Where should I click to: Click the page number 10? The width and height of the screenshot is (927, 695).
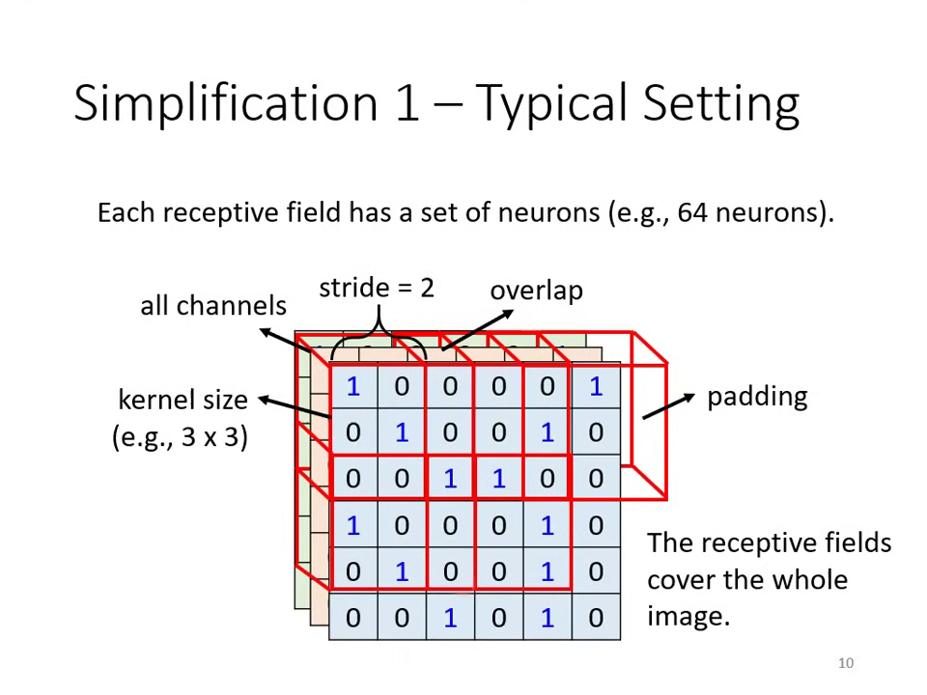pyautogui.click(x=846, y=663)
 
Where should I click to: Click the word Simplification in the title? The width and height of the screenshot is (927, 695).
pyautogui.click(x=226, y=102)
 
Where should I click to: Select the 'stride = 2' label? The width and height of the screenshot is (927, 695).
pyautogui.click(x=377, y=288)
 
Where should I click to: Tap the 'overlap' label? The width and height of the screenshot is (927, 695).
pyautogui.click(x=536, y=291)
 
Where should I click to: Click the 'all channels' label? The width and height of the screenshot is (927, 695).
pyautogui.click(x=213, y=306)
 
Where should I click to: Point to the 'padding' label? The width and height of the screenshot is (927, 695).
pyautogui.click(x=757, y=397)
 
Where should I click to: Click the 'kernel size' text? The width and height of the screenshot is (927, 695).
pyautogui.click(x=183, y=400)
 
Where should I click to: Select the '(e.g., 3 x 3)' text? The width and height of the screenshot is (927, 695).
pyautogui.click(x=181, y=436)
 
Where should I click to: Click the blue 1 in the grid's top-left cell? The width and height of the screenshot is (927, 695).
pyautogui.click(x=352, y=387)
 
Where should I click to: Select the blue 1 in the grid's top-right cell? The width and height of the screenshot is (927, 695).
pyautogui.click(x=595, y=387)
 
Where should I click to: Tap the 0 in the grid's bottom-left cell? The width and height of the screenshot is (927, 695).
pyautogui.click(x=352, y=618)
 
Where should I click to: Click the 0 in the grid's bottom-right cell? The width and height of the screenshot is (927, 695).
pyautogui.click(x=595, y=618)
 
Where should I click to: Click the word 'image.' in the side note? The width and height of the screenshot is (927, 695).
pyautogui.click(x=688, y=616)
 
